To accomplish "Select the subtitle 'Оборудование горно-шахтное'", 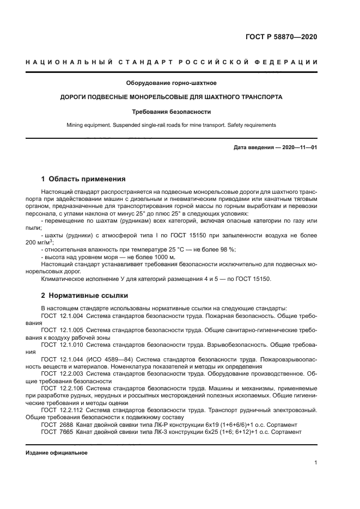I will (x=172, y=83).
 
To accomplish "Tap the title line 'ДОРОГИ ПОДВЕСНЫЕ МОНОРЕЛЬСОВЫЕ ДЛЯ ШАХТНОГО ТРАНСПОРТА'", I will (x=172, y=97).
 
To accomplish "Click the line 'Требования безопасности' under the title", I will (x=172, y=112).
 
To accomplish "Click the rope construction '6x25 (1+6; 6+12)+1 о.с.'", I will (x=246, y=432).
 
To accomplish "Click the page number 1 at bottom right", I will (x=315, y=463).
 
